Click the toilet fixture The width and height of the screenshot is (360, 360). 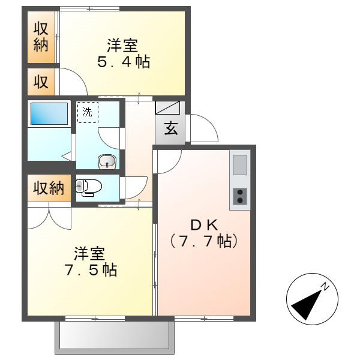(89, 188)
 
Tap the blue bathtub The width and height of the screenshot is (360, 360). (49, 113)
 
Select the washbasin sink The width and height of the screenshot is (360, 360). (107, 161)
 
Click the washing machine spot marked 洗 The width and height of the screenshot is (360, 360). (88, 112)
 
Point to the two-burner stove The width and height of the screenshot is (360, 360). (240, 196)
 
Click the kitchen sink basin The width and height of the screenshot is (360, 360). (240, 164)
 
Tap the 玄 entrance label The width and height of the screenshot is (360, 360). (171, 128)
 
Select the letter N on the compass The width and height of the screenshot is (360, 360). (325, 287)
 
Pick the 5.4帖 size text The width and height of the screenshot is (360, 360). (124, 62)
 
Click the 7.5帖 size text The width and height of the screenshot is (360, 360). (91, 270)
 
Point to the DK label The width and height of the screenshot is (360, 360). (204, 226)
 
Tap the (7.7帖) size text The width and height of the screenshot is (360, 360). (204, 241)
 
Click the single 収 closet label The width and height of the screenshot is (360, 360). (41, 82)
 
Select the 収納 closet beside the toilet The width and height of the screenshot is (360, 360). (49, 188)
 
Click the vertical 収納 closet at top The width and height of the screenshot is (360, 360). (41, 37)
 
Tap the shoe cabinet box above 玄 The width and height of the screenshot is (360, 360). (167, 107)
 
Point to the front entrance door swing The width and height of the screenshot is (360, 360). (202, 128)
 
